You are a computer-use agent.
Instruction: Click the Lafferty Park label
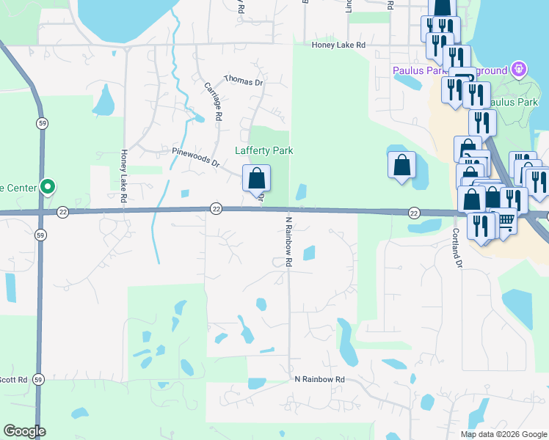point(263,150)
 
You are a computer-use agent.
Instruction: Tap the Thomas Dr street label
point(243,80)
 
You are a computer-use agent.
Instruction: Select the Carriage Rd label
point(213,100)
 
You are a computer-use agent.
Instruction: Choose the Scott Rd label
point(13,379)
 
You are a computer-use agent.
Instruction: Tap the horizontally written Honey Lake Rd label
point(338,45)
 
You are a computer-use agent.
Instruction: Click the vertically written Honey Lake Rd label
point(124,177)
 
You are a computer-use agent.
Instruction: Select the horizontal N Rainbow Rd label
point(319,379)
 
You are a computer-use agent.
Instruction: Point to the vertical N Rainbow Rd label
point(288,241)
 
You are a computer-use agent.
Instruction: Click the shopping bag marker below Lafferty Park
point(256,178)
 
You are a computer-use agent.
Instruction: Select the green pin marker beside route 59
point(48,187)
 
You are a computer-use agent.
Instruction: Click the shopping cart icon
point(506,219)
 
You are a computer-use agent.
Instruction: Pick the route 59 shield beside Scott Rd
point(38,379)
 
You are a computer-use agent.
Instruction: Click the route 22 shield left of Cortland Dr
point(414,212)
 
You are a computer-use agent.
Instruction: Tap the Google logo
point(24,431)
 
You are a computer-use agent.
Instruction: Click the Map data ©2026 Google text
point(503,434)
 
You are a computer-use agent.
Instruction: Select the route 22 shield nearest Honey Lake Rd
point(63,211)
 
